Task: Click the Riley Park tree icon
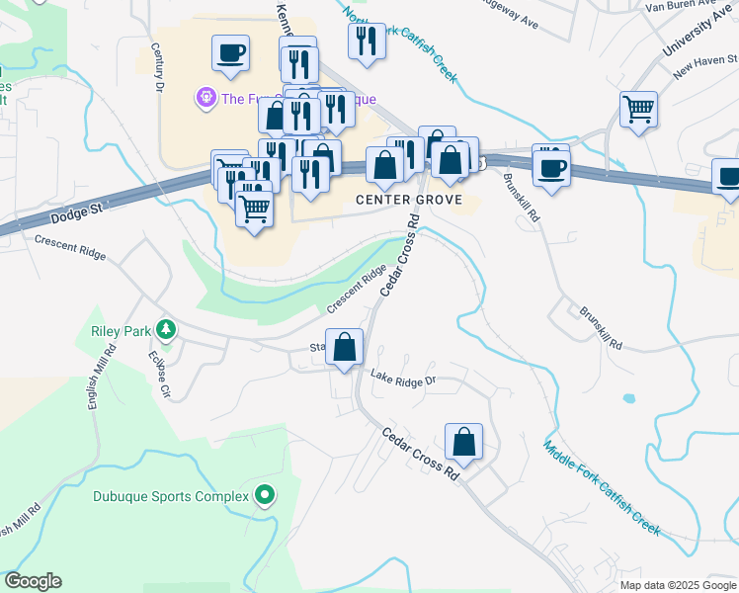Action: (x=167, y=329)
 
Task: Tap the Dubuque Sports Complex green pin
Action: (x=264, y=495)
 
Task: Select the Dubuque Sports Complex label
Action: (x=171, y=496)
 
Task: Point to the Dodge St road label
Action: (x=75, y=211)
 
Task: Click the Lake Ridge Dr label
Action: (x=403, y=378)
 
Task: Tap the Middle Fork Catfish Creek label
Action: (x=601, y=486)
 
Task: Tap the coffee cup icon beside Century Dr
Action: (x=230, y=52)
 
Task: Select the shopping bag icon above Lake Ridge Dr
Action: (x=344, y=348)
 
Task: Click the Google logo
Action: (x=33, y=581)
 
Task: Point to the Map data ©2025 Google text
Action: (x=679, y=585)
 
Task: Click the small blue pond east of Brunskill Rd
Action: (x=628, y=400)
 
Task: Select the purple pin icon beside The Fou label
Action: (x=206, y=98)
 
